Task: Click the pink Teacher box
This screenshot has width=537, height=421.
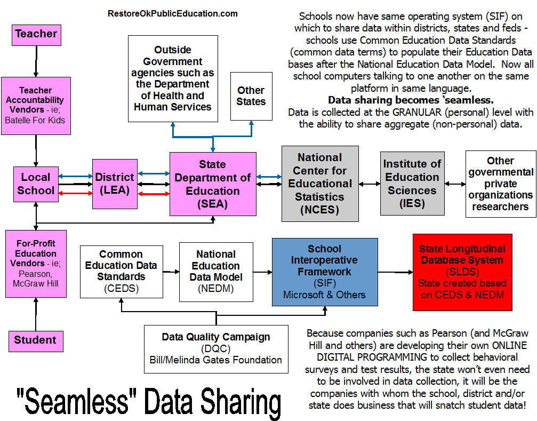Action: coord(36,35)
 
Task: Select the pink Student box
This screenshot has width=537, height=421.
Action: coord(35,340)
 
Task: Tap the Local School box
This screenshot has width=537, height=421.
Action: coord(36,184)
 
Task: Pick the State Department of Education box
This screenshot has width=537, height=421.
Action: coord(213,184)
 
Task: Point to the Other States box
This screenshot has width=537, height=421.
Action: coord(251,96)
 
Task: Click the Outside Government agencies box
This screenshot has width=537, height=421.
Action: coord(173,78)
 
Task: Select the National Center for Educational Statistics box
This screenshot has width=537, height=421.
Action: coord(320,184)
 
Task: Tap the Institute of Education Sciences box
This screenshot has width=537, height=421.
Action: coord(413,184)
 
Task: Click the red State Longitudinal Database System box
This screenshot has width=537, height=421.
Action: coord(462,272)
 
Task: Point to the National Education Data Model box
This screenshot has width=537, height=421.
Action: coord(216,272)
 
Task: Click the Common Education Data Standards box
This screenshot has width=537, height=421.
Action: coord(121,272)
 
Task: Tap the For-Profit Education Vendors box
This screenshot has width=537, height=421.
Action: coord(36,264)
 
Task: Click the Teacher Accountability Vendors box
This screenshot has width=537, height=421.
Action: coord(35,106)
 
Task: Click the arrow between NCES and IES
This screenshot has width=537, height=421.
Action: coord(370,184)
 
